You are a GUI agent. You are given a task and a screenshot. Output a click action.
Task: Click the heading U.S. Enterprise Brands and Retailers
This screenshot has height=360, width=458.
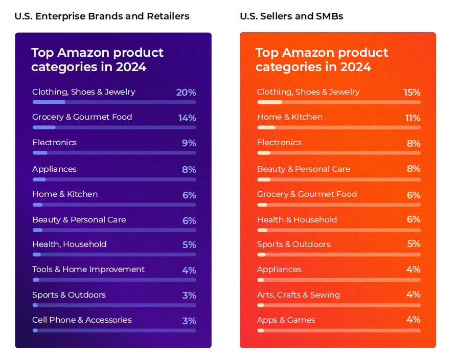[x=102, y=16]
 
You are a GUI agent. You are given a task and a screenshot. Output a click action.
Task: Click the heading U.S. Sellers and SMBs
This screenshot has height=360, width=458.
[x=291, y=16]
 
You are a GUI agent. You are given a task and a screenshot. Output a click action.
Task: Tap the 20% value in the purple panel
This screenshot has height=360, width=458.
[x=186, y=93]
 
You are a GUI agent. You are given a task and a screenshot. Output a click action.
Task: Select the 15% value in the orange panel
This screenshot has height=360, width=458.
[x=411, y=93]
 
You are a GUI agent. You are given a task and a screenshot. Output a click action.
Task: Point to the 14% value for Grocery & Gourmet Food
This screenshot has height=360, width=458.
[x=187, y=118]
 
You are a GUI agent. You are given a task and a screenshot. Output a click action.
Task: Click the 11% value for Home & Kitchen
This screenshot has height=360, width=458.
[x=413, y=118]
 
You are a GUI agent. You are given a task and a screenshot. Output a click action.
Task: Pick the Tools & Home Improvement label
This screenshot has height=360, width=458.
[x=88, y=269]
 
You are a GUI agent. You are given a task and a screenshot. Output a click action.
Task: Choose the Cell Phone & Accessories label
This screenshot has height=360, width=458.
[x=82, y=320]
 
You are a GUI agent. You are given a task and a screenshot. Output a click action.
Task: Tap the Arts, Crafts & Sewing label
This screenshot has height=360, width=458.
[x=298, y=295]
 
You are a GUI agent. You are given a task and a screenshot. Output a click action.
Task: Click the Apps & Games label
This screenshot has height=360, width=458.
[x=286, y=320]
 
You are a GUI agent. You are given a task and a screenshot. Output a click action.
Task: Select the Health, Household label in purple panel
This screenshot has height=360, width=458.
[x=69, y=244]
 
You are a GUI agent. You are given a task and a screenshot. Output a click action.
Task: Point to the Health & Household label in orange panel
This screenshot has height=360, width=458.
[x=296, y=220]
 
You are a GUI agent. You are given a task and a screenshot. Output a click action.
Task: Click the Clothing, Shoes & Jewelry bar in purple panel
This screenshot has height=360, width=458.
[x=114, y=102]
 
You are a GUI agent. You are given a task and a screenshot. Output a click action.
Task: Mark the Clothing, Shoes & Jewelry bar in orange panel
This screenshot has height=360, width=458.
[x=339, y=102]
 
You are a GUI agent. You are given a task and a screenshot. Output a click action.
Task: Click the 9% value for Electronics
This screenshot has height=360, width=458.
[x=189, y=143]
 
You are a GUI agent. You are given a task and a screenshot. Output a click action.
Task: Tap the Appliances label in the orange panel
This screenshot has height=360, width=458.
[x=279, y=269]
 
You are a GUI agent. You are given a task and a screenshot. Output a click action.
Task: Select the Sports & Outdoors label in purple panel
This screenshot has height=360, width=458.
[x=68, y=295]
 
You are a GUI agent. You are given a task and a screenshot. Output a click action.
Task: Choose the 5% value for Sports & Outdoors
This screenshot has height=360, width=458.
[x=414, y=244]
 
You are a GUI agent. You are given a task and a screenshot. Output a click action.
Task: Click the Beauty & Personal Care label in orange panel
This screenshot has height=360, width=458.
[x=303, y=169]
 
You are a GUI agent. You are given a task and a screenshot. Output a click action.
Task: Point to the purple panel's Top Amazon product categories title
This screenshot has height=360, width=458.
[x=97, y=60]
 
